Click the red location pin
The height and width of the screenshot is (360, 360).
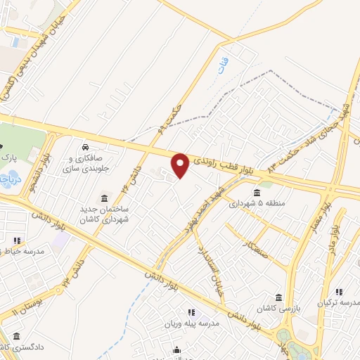coord(180,165)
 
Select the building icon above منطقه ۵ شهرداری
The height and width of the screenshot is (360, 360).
coord(256,192)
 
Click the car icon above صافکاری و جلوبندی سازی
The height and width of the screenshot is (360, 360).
coord(85,148)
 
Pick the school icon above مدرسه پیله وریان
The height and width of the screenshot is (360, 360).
coord(190,311)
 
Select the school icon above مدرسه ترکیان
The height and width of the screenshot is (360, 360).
coord(339,292)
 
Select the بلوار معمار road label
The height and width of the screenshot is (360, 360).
coord(326,206)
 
